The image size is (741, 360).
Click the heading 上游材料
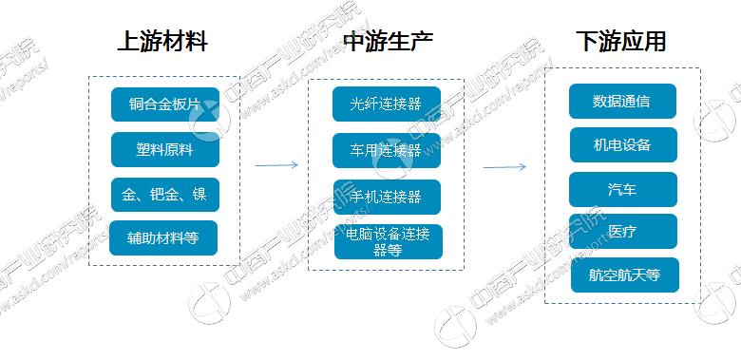(x=161, y=43)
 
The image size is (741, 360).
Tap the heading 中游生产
(x=388, y=43)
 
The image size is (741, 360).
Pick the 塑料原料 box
(x=164, y=150)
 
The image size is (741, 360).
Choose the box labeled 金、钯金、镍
(x=164, y=195)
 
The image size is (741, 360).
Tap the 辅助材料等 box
(x=163, y=237)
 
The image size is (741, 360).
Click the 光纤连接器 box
(x=386, y=104)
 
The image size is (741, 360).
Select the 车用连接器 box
(x=386, y=150)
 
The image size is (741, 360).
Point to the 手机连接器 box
(x=386, y=197)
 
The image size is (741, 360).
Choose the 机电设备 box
(x=622, y=145)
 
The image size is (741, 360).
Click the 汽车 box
(x=622, y=189)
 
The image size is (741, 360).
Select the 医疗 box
(x=622, y=232)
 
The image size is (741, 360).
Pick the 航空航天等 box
(x=624, y=275)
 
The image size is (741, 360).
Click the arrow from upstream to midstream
(x=276, y=164)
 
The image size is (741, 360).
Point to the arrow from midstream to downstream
(x=504, y=168)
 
